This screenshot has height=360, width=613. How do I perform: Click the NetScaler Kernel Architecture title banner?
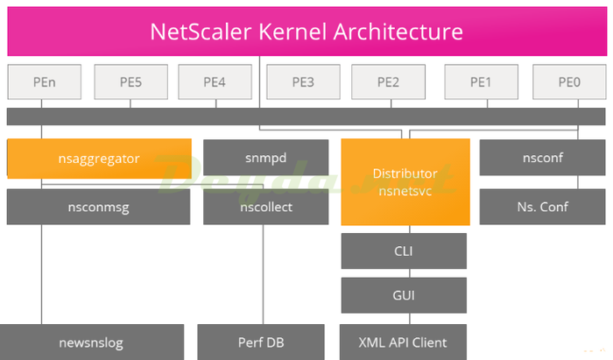[x=306, y=32]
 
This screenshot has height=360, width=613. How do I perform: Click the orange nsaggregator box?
[x=99, y=159]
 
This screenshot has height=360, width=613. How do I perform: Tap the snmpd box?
[x=265, y=158]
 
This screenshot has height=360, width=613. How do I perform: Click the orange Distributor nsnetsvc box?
[x=405, y=181]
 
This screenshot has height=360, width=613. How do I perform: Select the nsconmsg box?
[x=99, y=208]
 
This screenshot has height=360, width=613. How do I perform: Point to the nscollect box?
[x=265, y=208]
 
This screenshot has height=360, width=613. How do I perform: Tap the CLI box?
[x=404, y=251]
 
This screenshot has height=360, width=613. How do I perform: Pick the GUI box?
[x=404, y=295]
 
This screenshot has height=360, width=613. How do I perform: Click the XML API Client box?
[x=404, y=342]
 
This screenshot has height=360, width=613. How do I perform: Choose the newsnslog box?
[x=92, y=342]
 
